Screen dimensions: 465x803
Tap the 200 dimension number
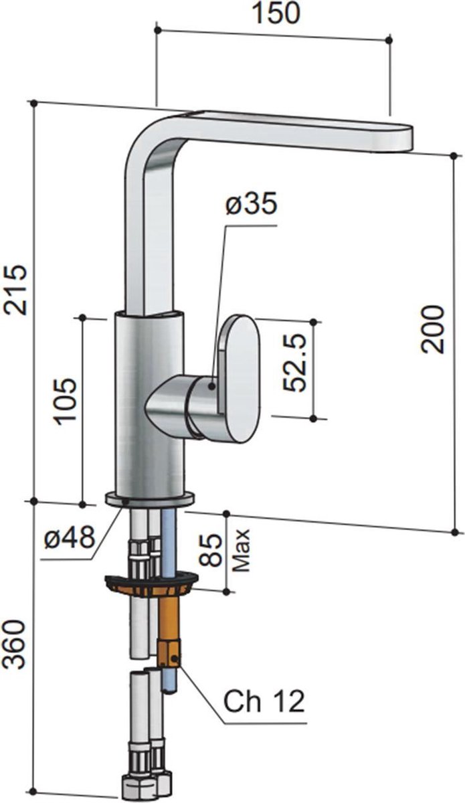pyautogui.click(x=432, y=329)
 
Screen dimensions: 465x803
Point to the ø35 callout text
pyautogui.click(x=252, y=204)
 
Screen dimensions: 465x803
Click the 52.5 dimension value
pyautogui.click(x=294, y=363)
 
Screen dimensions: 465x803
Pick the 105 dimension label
pyautogui.click(x=64, y=401)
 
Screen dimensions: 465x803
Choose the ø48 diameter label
pyautogui.click(x=70, y=538)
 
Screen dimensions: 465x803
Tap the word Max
pyautogui.click(x=241, y=550)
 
